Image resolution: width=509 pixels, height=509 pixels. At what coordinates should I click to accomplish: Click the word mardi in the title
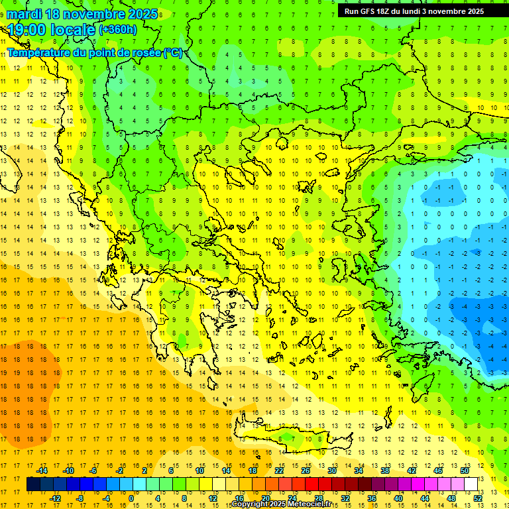coord(25,14)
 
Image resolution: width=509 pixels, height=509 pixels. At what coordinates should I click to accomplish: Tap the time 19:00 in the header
coord(27,29)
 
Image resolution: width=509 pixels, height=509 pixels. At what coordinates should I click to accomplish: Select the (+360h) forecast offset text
coord(118,29)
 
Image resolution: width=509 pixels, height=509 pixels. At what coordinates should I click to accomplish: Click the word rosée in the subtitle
coord(146,52)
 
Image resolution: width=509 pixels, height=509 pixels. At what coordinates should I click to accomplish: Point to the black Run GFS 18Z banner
coord(414,11)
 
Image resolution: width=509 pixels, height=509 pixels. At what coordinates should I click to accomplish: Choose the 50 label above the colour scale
coord(464,471)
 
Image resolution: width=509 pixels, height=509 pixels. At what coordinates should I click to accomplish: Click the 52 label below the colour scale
coord(478,498)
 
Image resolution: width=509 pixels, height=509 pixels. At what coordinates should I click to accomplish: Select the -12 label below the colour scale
coord(55,498)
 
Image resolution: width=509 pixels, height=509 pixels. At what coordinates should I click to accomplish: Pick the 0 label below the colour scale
coord(131,498)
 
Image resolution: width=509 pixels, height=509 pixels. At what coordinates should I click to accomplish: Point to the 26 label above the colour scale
coord(306,471)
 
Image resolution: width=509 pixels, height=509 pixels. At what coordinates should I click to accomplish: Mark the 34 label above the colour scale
coord(359,471)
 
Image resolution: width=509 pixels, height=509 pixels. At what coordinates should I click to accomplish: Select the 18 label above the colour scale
coord(253,471)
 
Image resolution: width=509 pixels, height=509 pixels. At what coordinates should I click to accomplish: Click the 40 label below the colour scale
coord(398,498)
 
